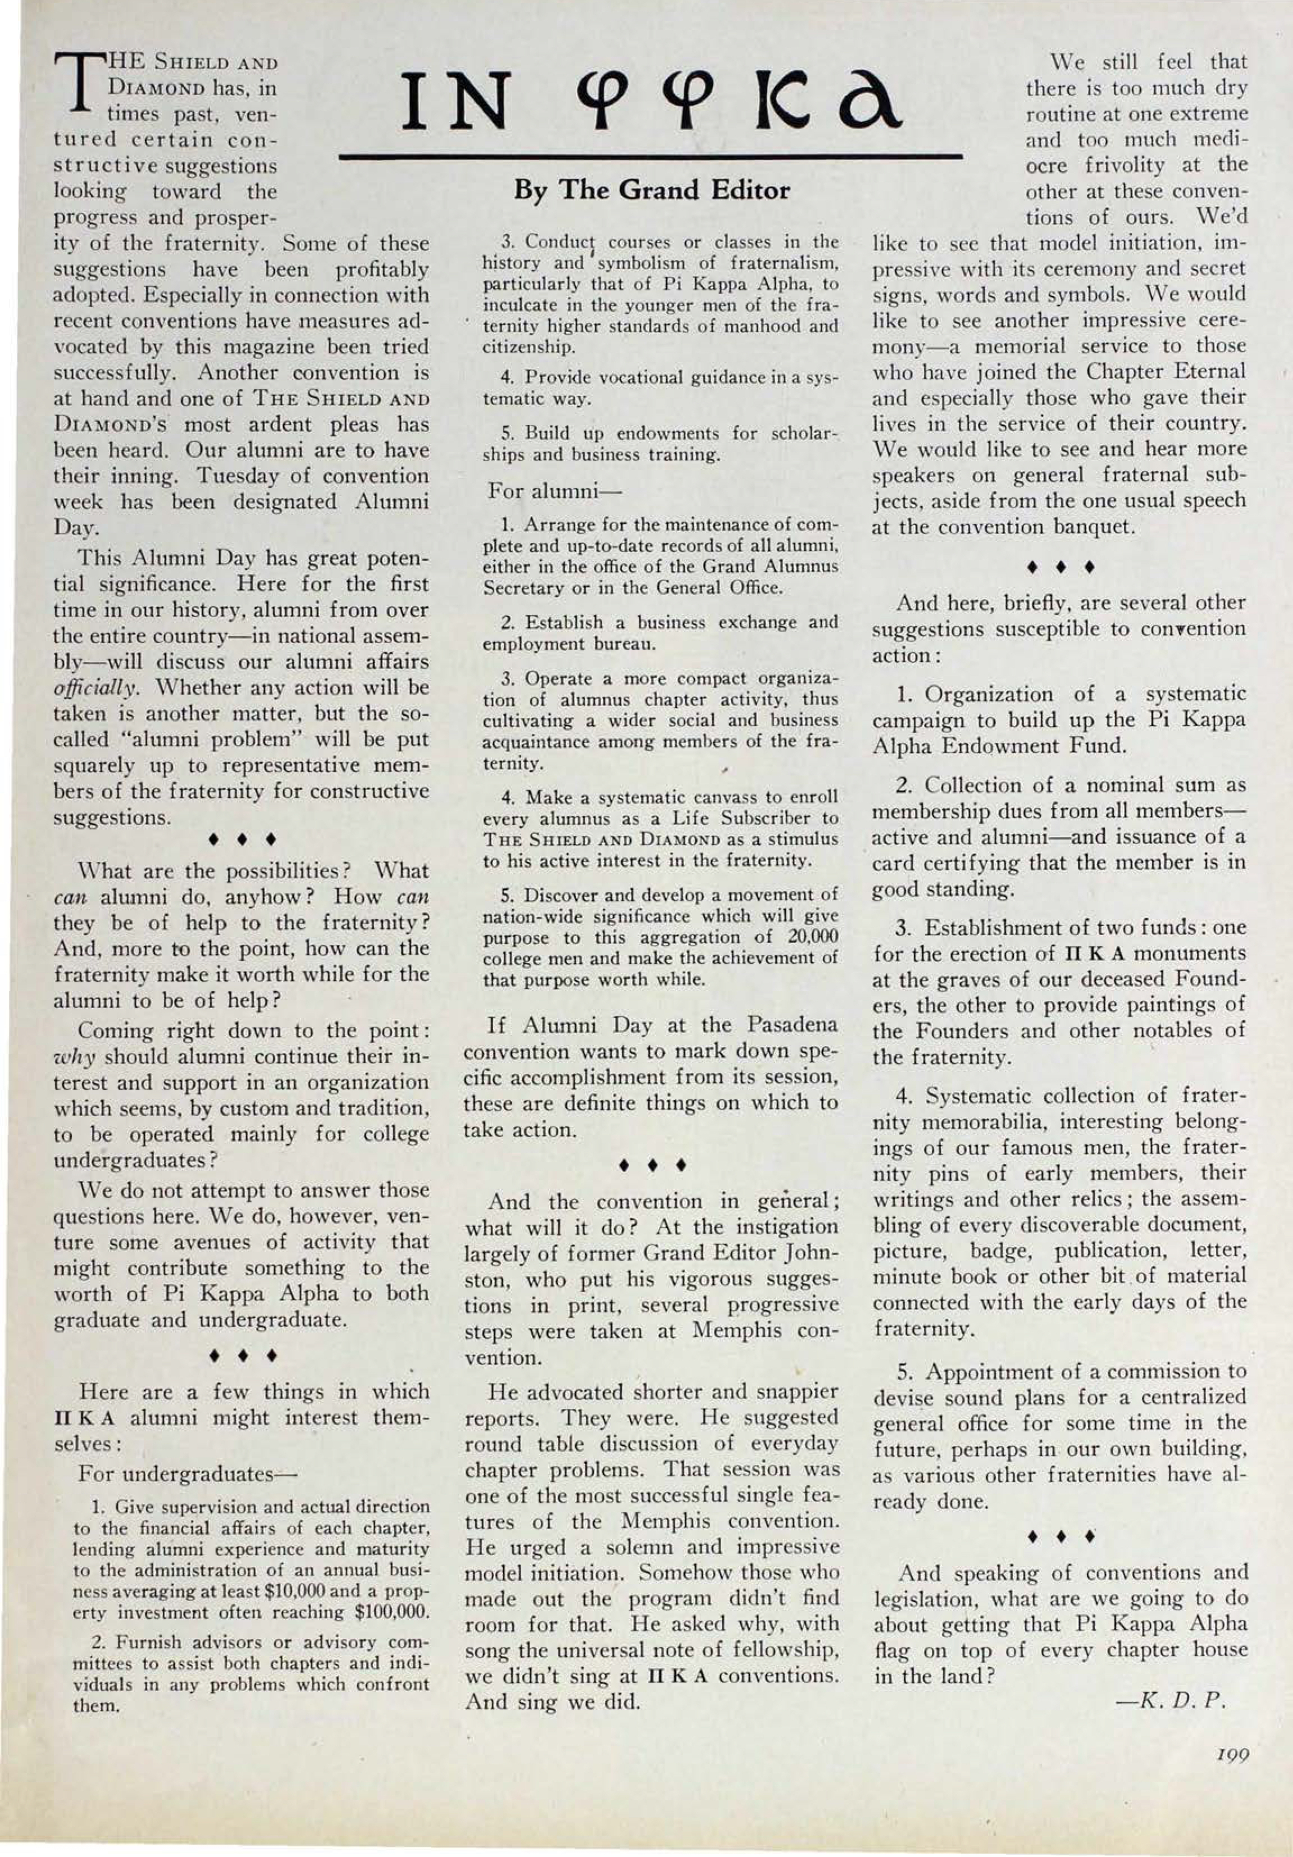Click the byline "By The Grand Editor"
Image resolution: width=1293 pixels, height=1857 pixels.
point(652,191)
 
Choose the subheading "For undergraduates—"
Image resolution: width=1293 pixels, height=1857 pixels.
point(188,1473)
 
